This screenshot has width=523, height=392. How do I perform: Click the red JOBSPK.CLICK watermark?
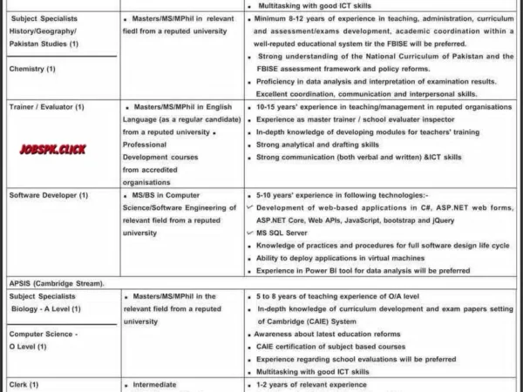[x=52, y=149]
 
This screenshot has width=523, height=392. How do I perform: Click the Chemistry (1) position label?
[x=33, y=68]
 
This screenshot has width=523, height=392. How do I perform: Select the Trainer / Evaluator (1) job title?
[x=46, y=106]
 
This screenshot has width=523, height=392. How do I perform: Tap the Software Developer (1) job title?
[x=49, y=195]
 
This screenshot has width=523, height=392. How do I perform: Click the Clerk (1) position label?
[x=24, y=384]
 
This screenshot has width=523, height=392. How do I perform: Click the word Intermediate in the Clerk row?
[x=154, y=384]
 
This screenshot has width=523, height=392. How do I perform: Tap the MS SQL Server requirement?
[x=282, y=233]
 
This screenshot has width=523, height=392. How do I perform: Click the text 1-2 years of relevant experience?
[x=312, y=384]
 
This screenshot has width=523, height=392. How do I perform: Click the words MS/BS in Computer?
[x=160, y=195]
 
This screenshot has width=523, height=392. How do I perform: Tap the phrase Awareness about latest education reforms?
[x=329, y=334]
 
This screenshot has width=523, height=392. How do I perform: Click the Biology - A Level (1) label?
[x=43, y=308]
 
